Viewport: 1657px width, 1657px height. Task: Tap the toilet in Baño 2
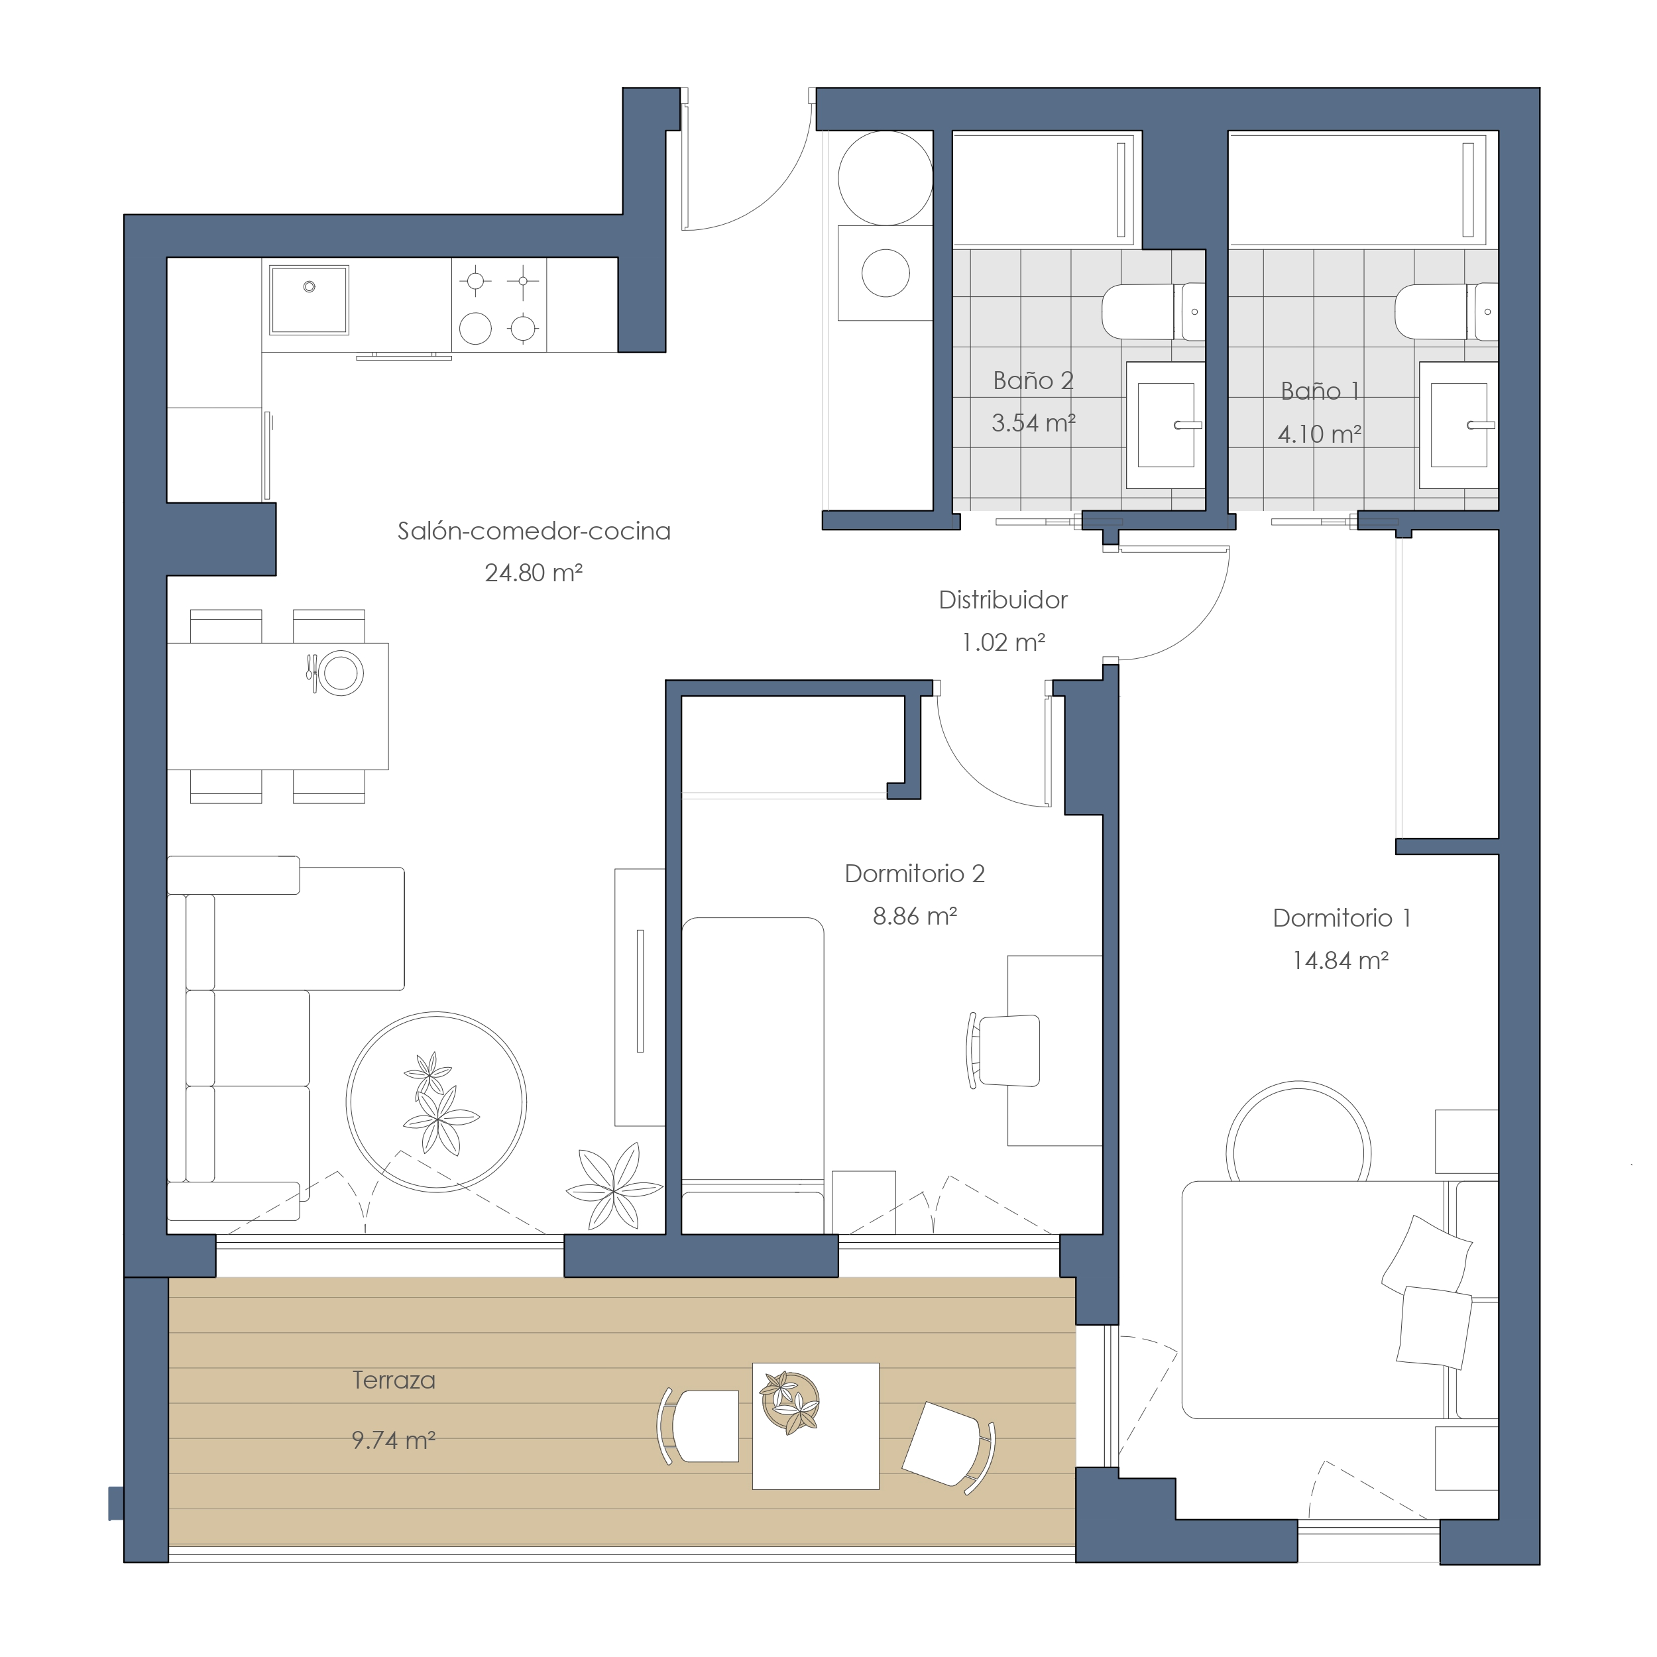point(1153,312)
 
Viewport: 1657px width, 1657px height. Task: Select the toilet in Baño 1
point(1446,312)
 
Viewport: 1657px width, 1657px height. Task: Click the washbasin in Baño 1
point(1459,425)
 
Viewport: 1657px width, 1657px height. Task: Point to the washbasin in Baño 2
point(1166,425)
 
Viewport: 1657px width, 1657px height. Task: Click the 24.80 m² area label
point(534,572)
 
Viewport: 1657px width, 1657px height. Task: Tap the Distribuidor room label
point(1003,600)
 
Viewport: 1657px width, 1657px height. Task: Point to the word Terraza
point(394,1380)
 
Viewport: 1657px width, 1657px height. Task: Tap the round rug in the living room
point(437,1102)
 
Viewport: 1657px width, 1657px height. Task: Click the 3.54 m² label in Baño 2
point(1033,422)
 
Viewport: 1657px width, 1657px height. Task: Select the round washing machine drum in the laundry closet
point(885,272)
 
